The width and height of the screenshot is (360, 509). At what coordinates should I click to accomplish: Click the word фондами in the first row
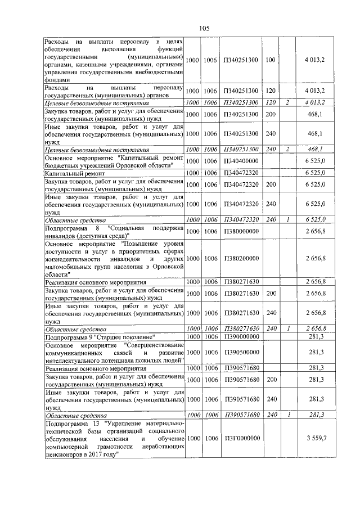(x=58, y=80)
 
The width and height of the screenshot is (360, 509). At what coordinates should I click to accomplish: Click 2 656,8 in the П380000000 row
(x=316, y=231)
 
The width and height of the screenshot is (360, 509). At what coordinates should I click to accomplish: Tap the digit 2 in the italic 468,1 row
(x=287, y=150)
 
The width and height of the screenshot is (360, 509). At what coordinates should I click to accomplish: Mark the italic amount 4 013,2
(x=316, y=103)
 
